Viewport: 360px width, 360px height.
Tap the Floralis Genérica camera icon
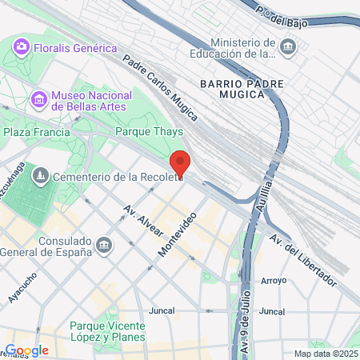(22, 48)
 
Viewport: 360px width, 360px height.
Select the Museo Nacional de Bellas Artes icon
(38, 100)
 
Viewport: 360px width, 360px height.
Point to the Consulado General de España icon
(103, 244)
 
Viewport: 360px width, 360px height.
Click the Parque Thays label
(150, 132)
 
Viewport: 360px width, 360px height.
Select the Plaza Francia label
(31, 132)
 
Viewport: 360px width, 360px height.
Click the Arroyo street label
(273, 281)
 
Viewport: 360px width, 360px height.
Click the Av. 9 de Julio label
(245, 325)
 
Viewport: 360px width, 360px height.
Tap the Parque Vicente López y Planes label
(107, 332)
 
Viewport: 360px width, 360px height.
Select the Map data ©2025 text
(324, 354)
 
